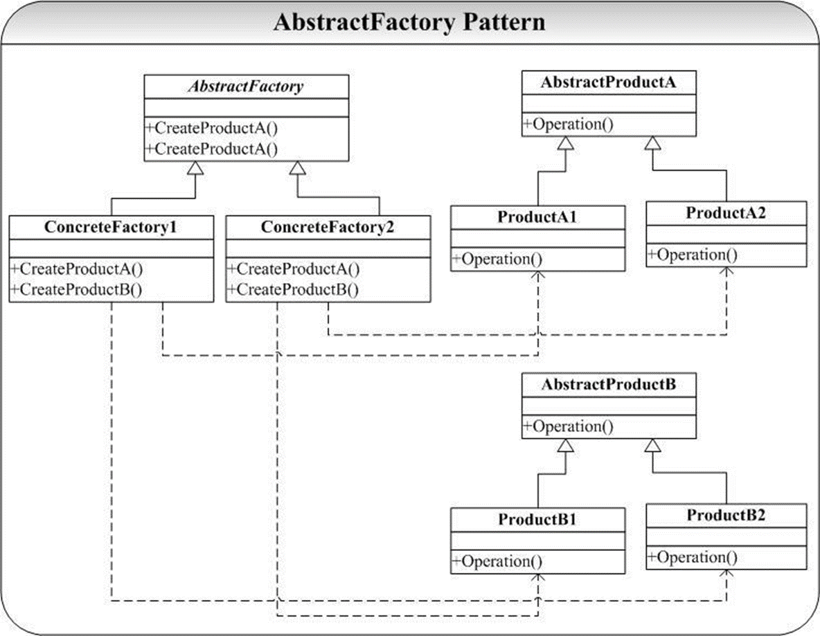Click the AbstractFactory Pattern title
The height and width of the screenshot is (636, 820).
point(409,22)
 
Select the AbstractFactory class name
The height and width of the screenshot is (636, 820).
point(246,87)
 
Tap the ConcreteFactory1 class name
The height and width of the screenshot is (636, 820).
point(111,227)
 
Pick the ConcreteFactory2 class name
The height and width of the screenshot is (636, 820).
point(328,227)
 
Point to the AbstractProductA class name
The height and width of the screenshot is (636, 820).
point(608,82)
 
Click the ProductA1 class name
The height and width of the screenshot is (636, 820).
point(537,217)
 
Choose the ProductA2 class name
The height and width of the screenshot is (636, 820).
point(726,212)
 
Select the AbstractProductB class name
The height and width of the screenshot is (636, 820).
point(608,385)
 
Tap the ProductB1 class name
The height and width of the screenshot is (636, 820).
point(537,520)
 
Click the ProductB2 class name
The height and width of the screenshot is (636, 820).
point(726,516)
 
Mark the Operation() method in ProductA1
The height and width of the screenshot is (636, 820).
point(497,260)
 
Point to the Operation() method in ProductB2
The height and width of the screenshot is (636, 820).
point(693,558)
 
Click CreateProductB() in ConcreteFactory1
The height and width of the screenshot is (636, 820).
point(75,289)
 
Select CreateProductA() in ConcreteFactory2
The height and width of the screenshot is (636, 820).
point(294,269)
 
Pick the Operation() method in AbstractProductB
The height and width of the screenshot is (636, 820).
point(569,427)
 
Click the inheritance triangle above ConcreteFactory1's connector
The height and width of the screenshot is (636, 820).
point(195,168)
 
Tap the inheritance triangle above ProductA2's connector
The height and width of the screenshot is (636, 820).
point(652,143)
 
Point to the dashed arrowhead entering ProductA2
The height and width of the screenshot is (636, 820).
point(727,271)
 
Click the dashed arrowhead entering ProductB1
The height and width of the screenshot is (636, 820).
point(538,577)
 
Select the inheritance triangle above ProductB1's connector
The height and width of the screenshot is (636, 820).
point(566,445)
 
